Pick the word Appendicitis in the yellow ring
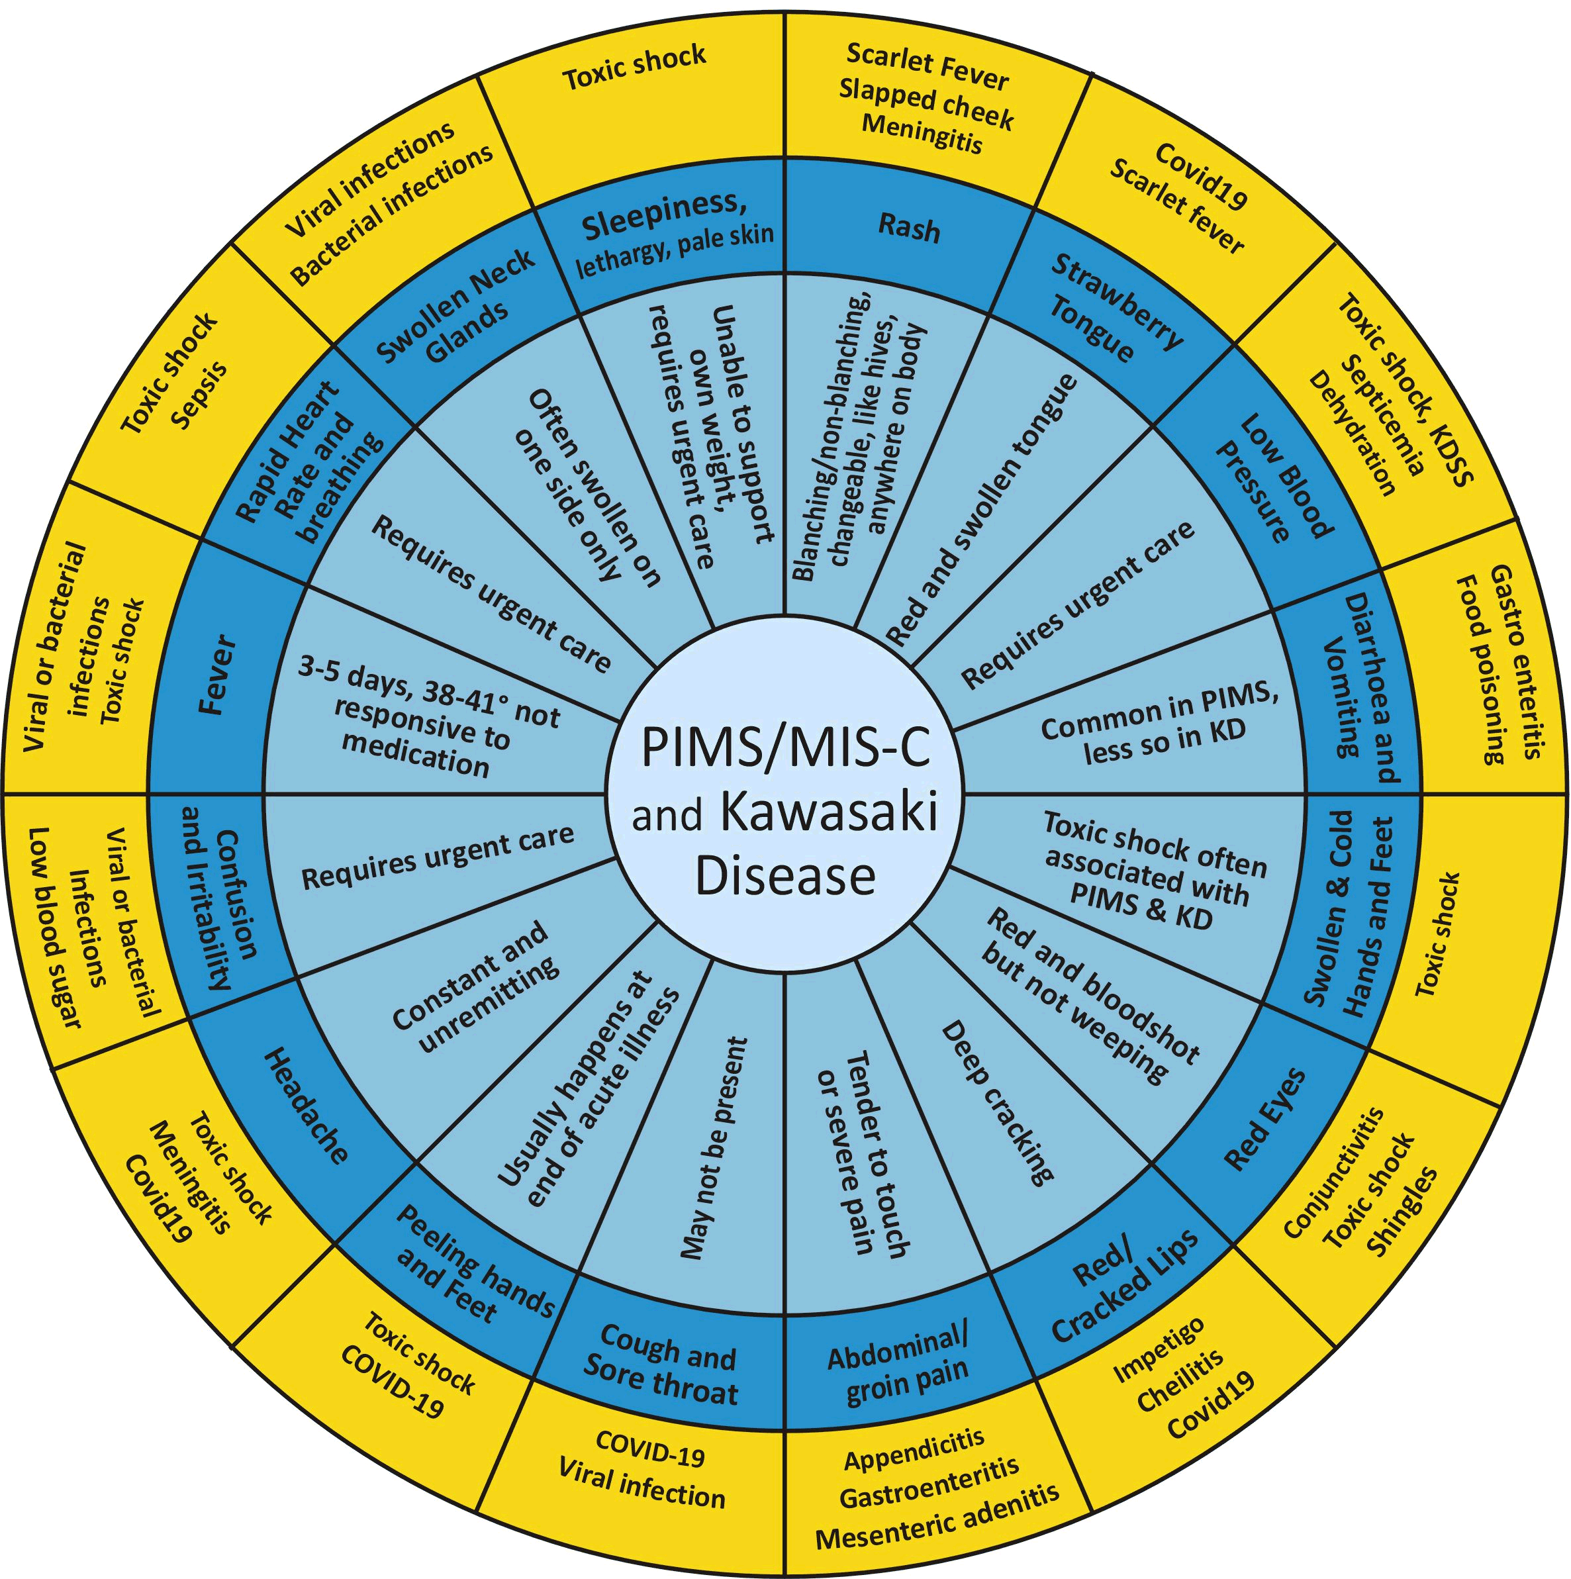(x=914, y=1460)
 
